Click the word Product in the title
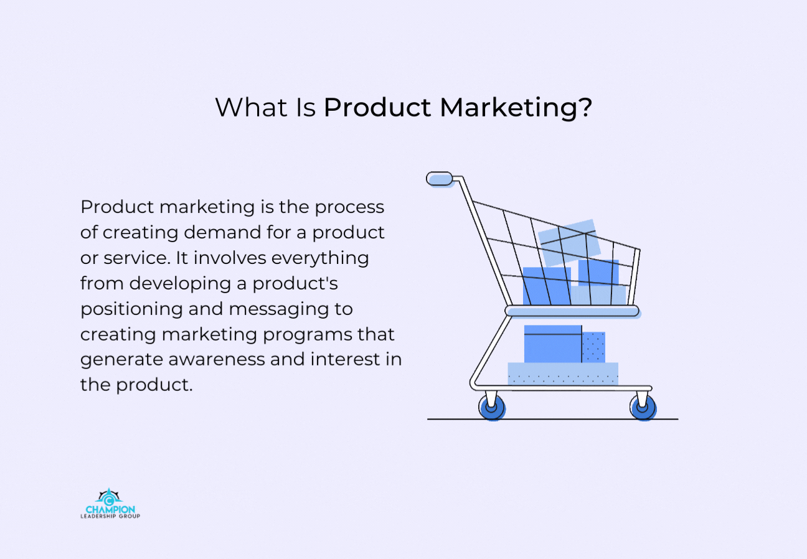click(377, 107)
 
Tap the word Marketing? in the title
click(516, 108)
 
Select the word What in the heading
click(251, 107)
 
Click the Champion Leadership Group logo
click(110, 503)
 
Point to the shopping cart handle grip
click(440, 179)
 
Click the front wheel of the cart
click(643, 407)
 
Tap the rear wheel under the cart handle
click(492, 407)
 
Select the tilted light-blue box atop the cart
click(569, 242)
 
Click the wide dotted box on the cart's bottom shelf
click(563, 373)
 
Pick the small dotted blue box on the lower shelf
click(593, 347)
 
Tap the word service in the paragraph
click(137, 258)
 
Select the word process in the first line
click(349, 208)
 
